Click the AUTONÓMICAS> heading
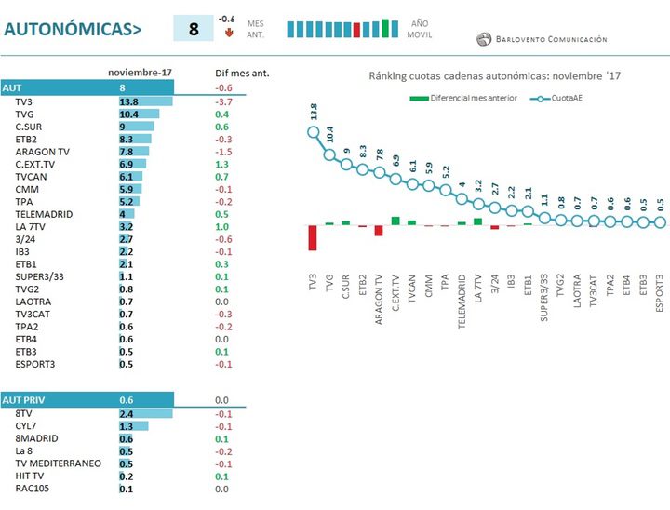point(73,29)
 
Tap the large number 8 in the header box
point(194,29)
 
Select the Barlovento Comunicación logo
point(542,39)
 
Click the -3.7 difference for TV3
point(222,101)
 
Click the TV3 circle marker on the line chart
point(313,131)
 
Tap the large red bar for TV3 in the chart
point(313,236)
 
